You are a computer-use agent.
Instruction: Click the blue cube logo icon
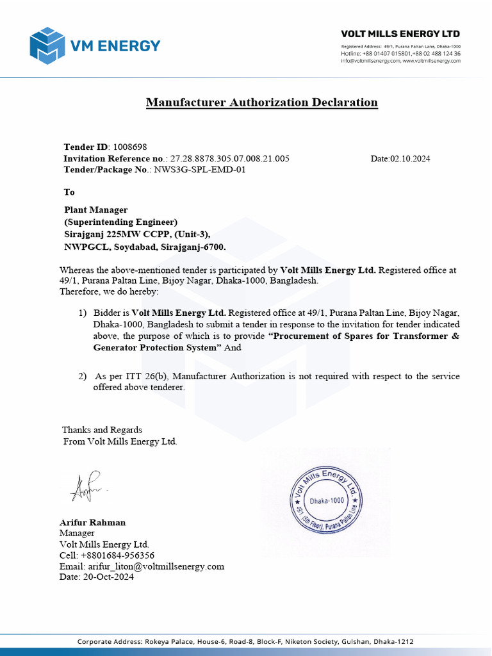point(47,45)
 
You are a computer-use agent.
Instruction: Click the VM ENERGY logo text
point(115,45)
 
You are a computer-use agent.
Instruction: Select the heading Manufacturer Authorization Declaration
point(261,102)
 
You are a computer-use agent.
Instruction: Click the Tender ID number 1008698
point(130,147)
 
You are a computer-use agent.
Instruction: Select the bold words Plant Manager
point(96,210)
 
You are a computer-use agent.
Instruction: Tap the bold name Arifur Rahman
point(92,522)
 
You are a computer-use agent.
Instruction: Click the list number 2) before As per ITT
point(82,377)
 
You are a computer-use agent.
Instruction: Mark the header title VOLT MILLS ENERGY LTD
point(400,34)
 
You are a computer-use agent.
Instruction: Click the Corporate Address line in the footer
point(245,641)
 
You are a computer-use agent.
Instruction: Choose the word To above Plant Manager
point(69,192)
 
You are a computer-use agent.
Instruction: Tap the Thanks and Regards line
point(102,430)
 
